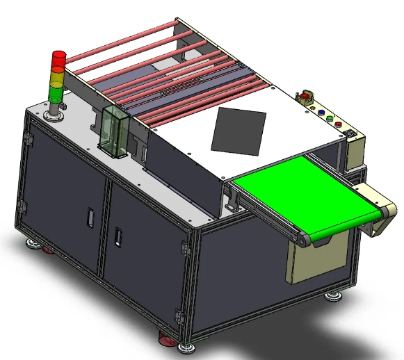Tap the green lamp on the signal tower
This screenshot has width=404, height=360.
pyautogui.click(x=56, y=91)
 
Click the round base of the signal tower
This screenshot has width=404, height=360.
pyautogui.click(x=54, y=113)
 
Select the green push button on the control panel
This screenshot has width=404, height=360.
pyautogui.click(x=330, y=117)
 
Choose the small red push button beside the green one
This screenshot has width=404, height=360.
pyautogui.click(x=339, y=124)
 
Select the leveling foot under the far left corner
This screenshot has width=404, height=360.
pyautogui.click(x=33, y=243)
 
